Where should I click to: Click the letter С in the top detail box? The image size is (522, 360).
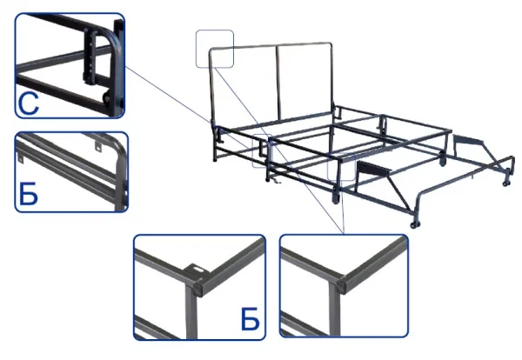click(29, 103)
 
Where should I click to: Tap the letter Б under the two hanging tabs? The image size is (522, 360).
click(29, 194)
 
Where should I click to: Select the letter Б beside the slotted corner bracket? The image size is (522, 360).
click(250, 319)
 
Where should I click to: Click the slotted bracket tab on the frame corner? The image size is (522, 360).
click(197, 268)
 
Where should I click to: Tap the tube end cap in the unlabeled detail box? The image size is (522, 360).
click(341, 285)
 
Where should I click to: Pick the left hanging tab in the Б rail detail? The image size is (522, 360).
click(20, 159)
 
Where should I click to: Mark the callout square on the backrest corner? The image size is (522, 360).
click(215, 49)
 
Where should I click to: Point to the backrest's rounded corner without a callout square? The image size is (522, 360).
click(330, 45)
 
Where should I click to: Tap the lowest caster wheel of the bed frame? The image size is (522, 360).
click(414, 224)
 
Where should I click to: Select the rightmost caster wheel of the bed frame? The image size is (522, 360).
click(506, 183)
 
